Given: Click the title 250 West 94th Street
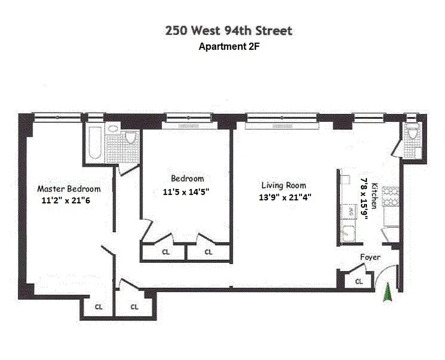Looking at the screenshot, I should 229,31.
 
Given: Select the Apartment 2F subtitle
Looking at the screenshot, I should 229,46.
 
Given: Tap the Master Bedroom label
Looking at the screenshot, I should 68,189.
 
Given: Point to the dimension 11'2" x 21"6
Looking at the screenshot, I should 65,201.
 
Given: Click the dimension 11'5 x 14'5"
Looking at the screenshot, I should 186,192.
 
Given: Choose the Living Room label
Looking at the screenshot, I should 284,185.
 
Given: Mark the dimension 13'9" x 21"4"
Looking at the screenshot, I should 286,197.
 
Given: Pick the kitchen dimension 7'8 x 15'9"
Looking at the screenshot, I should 364,198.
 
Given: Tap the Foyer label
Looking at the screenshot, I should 370,257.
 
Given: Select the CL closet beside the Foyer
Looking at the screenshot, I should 359,282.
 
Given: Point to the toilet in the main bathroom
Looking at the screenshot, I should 131,137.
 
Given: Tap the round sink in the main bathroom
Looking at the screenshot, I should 113,129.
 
